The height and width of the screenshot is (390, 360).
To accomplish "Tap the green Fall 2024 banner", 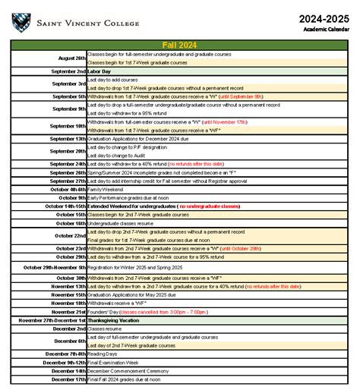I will click(x=179, y=46).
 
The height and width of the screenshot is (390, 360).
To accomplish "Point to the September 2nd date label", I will click(x=68, y=71).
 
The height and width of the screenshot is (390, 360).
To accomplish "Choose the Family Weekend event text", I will click(x=104, y=189).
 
